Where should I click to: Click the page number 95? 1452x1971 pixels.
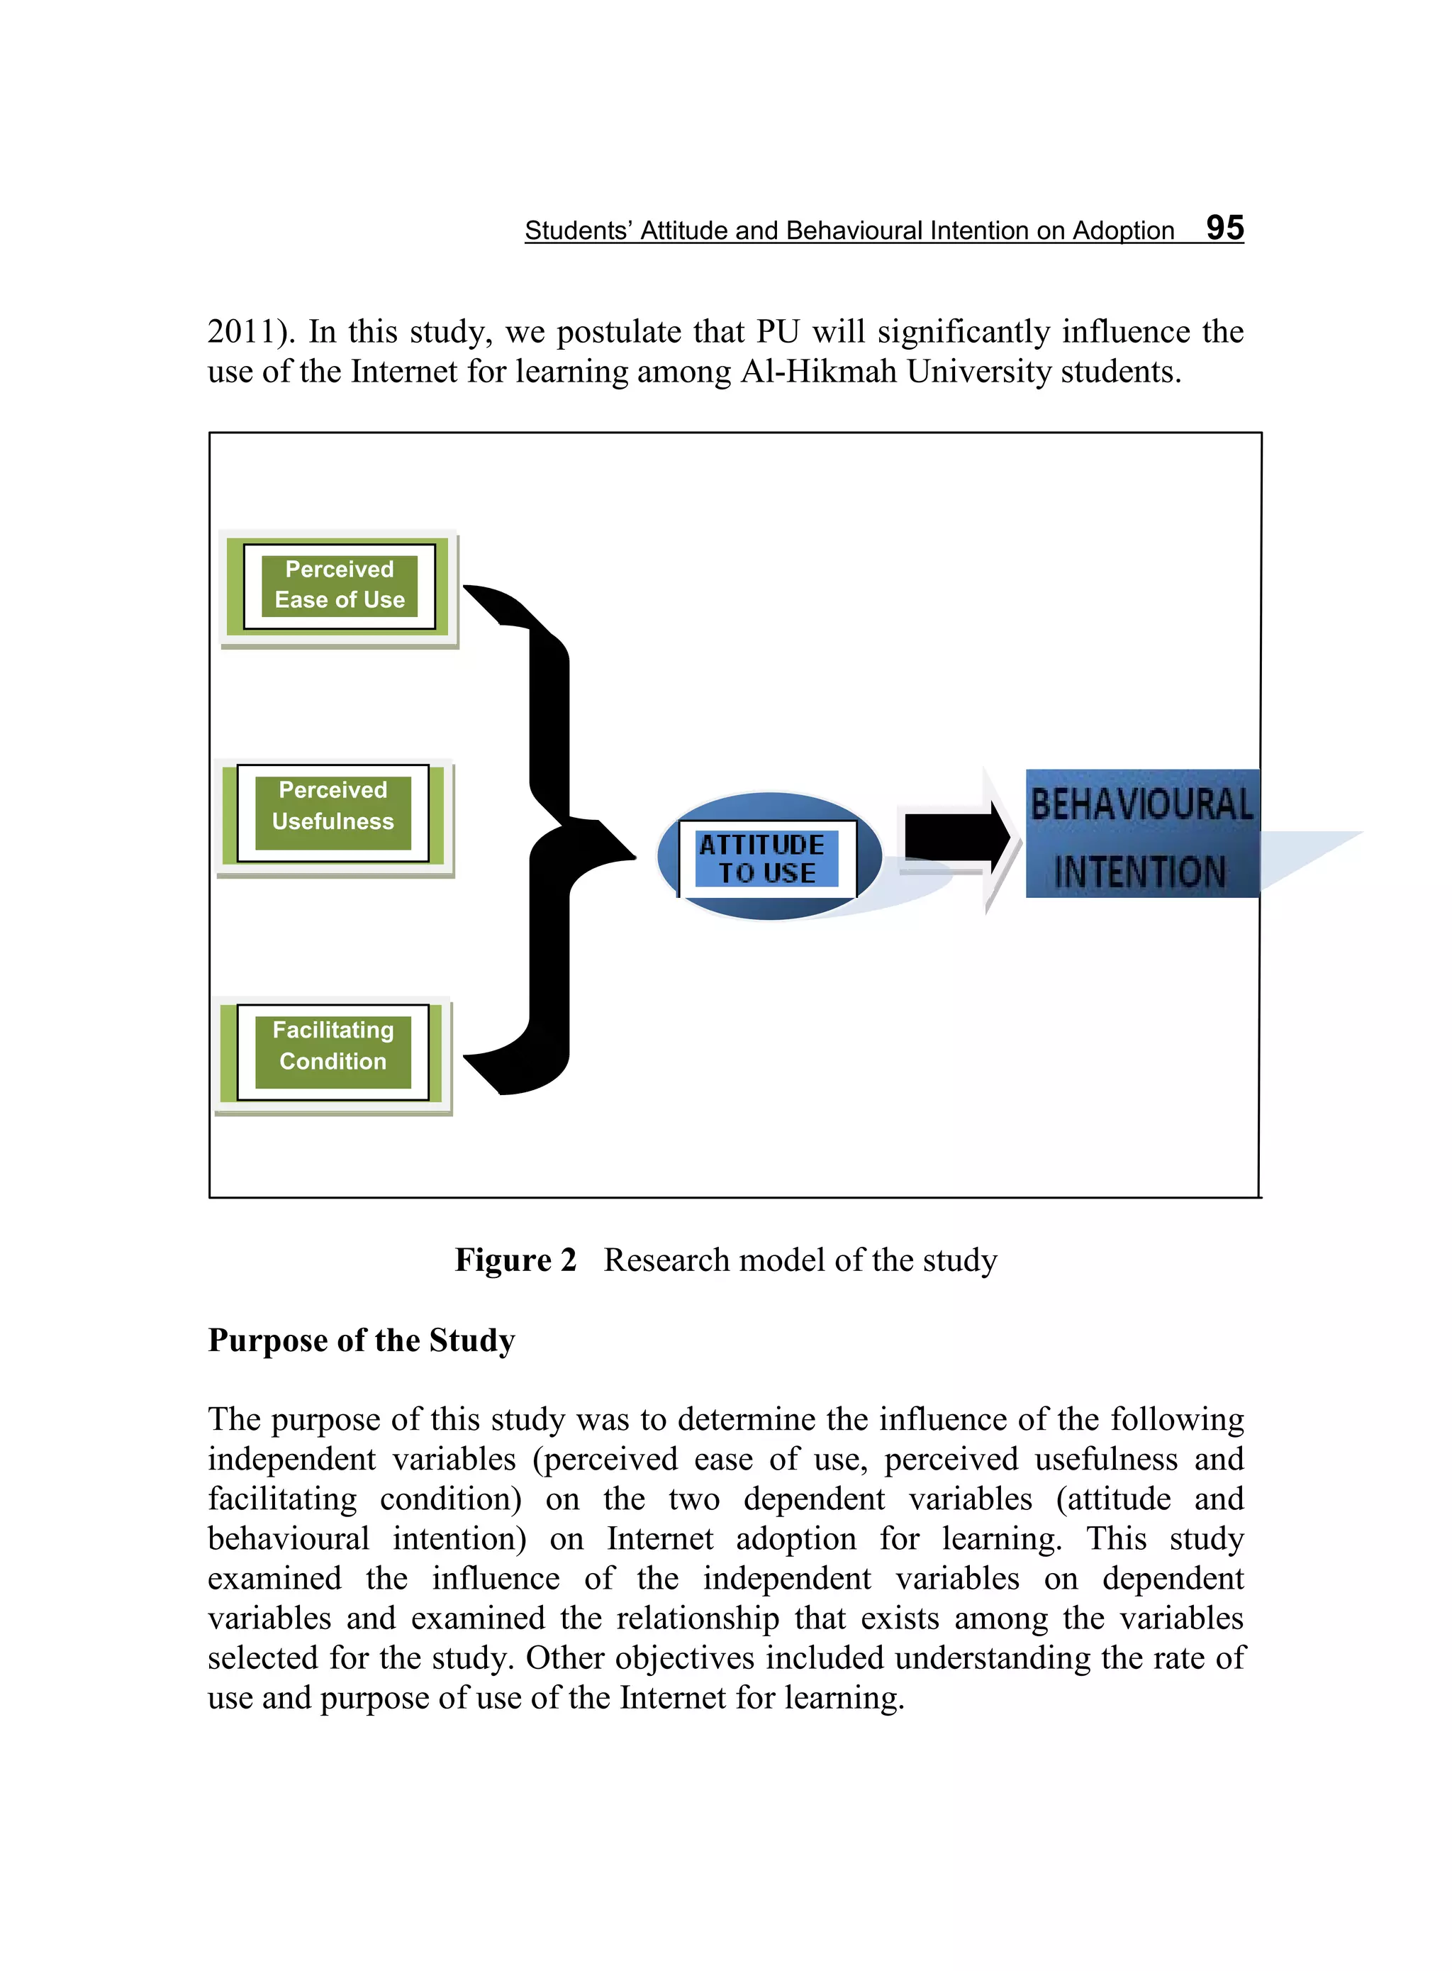click(x=1224, y=228)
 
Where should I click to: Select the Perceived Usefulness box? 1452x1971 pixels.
click(x=333, y=814)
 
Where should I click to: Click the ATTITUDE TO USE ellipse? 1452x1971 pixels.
click(x=769, y=857)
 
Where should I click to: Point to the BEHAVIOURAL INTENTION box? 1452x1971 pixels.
click(x=1141, y=834)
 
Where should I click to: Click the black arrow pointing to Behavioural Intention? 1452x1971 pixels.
click(x=957, y=836)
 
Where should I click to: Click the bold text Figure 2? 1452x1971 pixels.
click(x=515, y=1260)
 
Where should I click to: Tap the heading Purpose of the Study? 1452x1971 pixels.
click(x=362, y=1340)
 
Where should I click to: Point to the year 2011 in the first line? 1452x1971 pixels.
click(x=240, y=333)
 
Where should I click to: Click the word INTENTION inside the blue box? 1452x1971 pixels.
click(x=1139, y=872)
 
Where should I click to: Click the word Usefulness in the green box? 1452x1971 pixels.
click(x=333, y=821)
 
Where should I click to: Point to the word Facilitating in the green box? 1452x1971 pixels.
click(x=333, y=1029)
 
